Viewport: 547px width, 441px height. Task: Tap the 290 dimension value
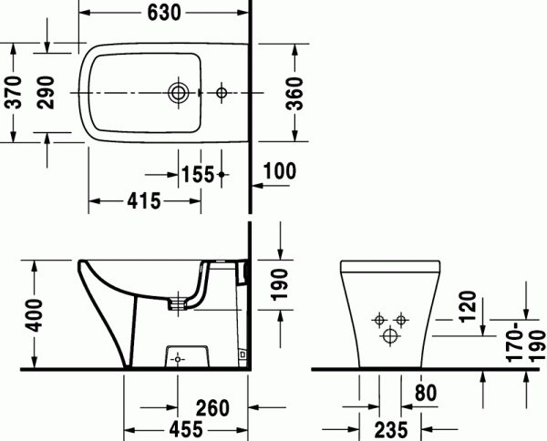(47, 92)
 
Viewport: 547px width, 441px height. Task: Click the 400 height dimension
(34, 317)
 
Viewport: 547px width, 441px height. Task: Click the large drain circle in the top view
(178, 93)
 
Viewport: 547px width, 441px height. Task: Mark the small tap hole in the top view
(221, 93)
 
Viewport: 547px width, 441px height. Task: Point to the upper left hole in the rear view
(378, 320)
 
